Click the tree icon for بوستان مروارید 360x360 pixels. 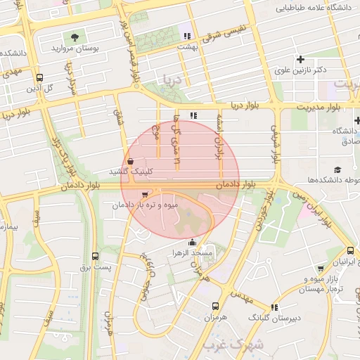pos(75,36)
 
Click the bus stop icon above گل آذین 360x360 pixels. pos(39,77)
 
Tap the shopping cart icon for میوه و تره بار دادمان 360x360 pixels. pos(144,195)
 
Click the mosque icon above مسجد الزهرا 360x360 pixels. pos(193,242)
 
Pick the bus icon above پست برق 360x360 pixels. pos(95,257)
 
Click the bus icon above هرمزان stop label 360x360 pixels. pos(215,306)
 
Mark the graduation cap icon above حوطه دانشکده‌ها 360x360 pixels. pos(337,170)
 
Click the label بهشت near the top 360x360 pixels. pos(186,44)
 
